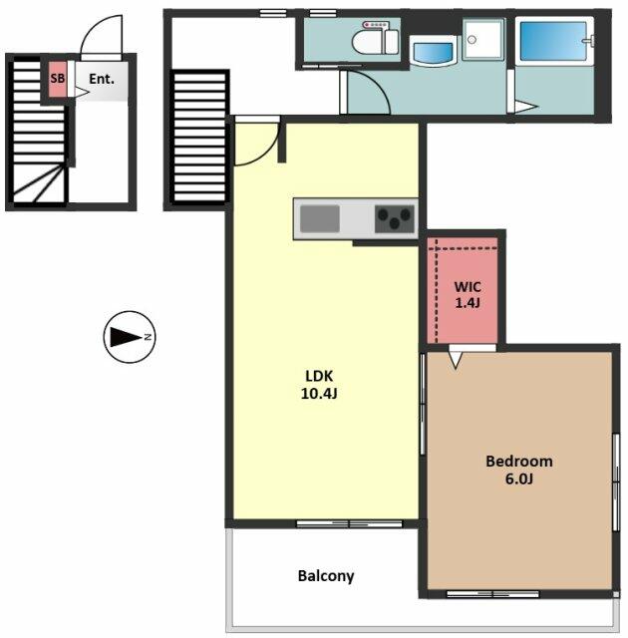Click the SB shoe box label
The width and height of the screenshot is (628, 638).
click(58, 78)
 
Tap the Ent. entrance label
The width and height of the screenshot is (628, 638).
click(102, 79)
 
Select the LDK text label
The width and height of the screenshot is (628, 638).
click(319, 376)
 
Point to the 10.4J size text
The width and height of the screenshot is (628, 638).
click(319, 394)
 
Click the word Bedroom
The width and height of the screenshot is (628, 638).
click(519, 461)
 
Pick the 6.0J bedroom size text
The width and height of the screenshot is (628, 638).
click(519, 478)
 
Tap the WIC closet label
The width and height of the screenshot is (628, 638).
click(468, 287)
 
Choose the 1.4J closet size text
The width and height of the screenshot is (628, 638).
click(468, 303)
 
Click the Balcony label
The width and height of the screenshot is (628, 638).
click(326, 576)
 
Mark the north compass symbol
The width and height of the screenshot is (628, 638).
click(130, 337)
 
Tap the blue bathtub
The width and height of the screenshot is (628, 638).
click(553, 41)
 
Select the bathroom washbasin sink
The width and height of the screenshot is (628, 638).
click(433, 51)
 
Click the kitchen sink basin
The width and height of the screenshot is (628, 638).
click(320, 219)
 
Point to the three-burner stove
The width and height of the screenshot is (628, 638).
click(395, 219)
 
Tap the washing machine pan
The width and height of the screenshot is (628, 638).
click(483, 39)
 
